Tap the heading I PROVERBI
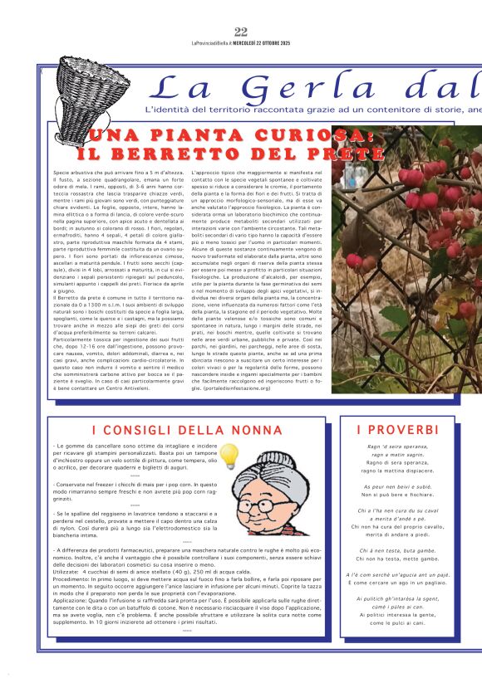click(397, 430)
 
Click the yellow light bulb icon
click(229, 456)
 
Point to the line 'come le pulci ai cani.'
click(396, 622)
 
